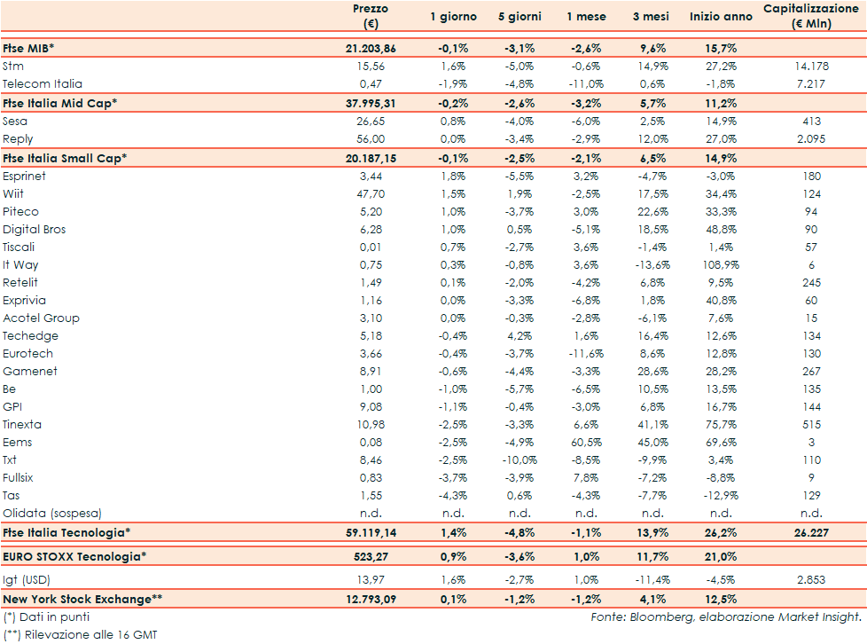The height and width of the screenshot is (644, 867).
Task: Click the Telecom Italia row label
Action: [42, 84]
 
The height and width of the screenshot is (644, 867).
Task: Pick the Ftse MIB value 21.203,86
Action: [370, 49]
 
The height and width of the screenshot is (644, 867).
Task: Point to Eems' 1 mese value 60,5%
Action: [586, 442]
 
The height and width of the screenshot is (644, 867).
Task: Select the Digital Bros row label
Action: [35, 229]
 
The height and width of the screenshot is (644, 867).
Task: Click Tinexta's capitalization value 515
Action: [811, 424]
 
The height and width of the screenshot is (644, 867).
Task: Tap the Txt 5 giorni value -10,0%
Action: [519, 459]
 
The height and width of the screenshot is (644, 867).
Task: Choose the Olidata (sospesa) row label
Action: [52, 513]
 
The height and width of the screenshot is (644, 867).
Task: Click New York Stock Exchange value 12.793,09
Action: [370, 599]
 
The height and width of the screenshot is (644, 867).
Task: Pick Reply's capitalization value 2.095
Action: [811, 139]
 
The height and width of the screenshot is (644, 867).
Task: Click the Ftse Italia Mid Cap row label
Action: [60, 103]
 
